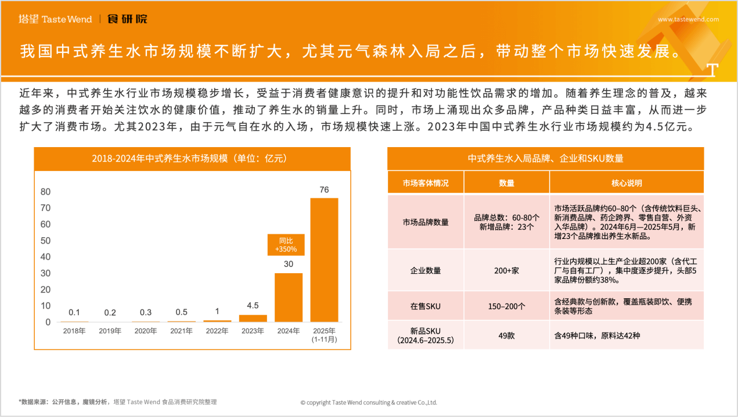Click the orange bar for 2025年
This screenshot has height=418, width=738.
click(324, 260)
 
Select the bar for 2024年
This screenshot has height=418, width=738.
click(289, 297)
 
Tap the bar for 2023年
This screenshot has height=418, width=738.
click(253, 318)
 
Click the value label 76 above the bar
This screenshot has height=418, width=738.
click(324, 190)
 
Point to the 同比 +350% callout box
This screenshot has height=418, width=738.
click(286, 245)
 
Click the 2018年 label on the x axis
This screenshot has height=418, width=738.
click(74, 331)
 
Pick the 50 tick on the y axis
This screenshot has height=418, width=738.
click(45, 241)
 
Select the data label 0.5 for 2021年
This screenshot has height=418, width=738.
click(181, 312)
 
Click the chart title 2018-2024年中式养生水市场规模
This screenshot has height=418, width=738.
click(192, 158)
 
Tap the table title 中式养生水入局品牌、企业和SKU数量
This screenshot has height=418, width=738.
click(545, 158)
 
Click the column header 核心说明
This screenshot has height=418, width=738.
click(627, 183)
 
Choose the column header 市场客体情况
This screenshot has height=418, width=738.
click(426, 183)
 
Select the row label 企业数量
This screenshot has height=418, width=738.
click(426, 270)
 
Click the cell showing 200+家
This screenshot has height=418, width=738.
click(506, 270)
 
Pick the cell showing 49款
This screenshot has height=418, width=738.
click(506, 335)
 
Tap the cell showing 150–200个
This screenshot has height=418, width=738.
click(506, 306)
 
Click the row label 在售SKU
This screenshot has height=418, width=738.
click(426, 306)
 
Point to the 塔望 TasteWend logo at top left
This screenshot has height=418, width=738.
click(55, 19)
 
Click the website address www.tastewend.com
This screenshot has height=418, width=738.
click(688, 19)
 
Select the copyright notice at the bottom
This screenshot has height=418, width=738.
click(369, 402)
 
